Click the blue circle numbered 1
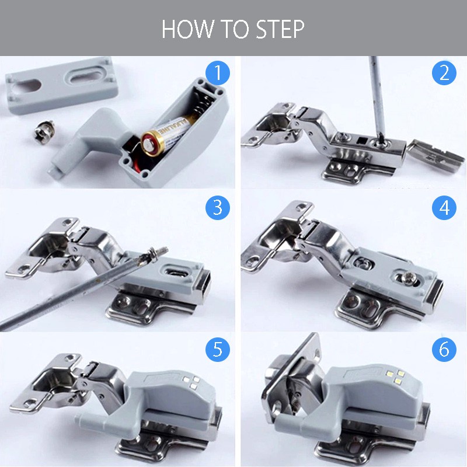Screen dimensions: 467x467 (x=218, y=74)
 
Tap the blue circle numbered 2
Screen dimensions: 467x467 (x=444, y=74)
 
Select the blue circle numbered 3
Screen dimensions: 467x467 (x=218, y=208)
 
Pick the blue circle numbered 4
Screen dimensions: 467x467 (x=444, y=208)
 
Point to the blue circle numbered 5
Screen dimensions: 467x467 (x=218, y=349)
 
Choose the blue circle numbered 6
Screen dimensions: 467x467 (x=444, y=349)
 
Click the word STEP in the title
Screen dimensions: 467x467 (x=280, y=29)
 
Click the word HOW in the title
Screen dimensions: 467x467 (x=187, y=29)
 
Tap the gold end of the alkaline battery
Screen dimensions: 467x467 (x=152, y=143)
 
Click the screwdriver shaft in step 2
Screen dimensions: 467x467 (x=377, y=98)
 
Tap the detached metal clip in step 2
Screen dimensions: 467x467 (x=435, y=155)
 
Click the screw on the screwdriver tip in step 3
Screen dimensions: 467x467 (x=155, y=254)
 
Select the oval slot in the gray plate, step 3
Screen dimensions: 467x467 (x=176, y=271)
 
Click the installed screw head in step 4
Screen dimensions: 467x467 (x=406, y=278)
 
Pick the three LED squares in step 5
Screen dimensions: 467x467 (x=191, y=382)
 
